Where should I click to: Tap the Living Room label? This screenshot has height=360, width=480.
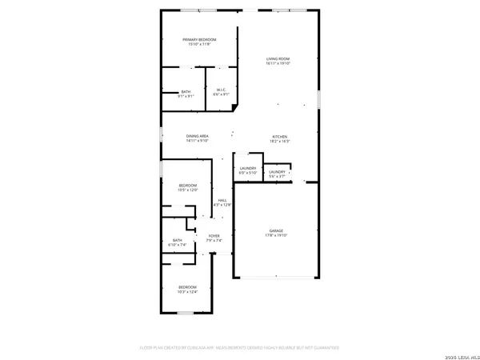point(278,58)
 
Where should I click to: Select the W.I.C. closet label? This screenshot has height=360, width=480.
point(220,90)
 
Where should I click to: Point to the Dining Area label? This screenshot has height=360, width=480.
point(198,137)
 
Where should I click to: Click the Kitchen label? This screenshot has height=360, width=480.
point(279,137)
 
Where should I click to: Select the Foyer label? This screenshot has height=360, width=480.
point(214,236)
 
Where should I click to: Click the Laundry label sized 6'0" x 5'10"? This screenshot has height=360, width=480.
point(247,168)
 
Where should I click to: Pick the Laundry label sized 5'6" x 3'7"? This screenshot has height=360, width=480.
point(278,172)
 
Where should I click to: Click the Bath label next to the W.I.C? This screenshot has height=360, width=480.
point(186,92)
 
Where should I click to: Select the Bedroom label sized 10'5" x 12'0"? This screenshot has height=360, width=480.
point(186,186)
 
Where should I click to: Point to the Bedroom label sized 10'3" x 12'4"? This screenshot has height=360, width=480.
point(187,287)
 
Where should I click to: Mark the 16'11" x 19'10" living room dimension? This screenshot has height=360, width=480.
point(278,63)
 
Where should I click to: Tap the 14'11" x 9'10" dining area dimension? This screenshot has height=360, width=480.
point(198,142)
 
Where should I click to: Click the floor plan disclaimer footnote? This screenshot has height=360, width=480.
point(239,348)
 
